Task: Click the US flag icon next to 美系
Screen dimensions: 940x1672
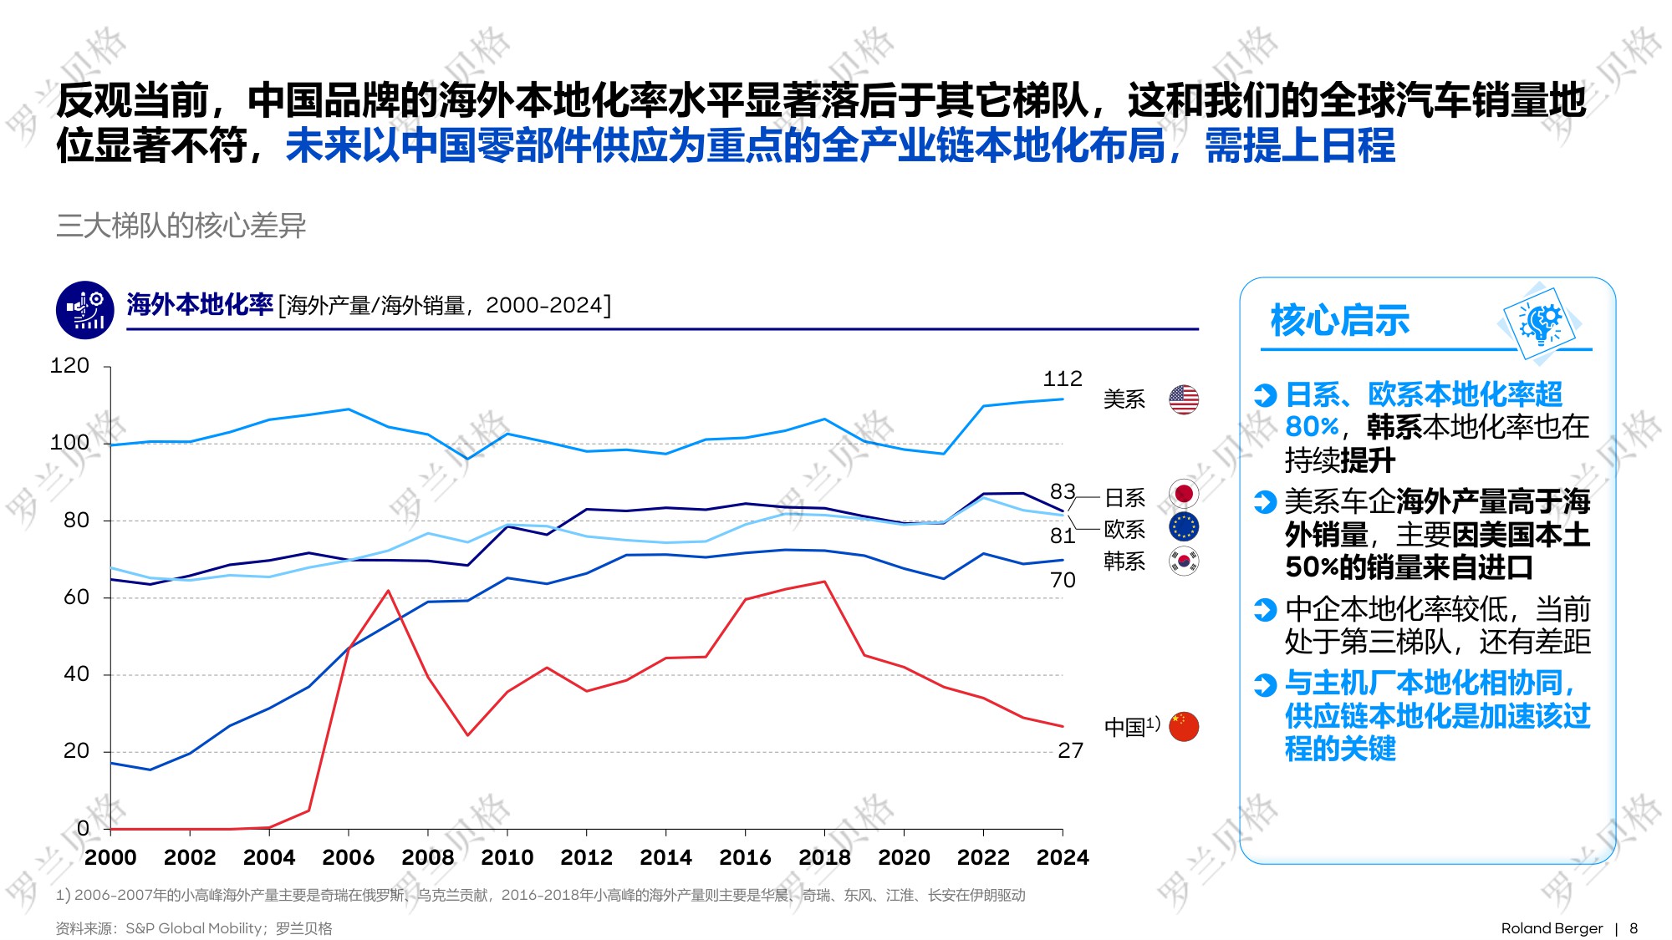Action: click(1183, 399)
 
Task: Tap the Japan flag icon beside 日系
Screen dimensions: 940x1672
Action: click(1183, 494)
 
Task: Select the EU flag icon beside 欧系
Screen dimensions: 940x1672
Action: click(1183, 526)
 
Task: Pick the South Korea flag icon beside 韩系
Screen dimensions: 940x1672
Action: click(1183, 561)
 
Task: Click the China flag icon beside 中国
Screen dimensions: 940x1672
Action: click(1183, 726)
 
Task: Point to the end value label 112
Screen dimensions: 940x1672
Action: click(1062, 379)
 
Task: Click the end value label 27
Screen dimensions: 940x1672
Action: click(1070, 750)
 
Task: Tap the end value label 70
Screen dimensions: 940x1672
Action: click(1063, 580)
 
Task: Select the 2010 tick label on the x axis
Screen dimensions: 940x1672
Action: click(507, 857)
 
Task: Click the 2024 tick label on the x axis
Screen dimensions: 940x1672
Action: click(1062, 857)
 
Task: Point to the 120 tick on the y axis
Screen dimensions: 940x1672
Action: click(69, 366)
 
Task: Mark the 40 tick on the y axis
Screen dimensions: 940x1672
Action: click(76, 674)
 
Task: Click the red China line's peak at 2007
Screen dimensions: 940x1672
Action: click(388, 591)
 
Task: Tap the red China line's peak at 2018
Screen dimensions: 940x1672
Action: click(824, 582)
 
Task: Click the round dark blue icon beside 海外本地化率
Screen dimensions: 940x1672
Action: click(85, 310)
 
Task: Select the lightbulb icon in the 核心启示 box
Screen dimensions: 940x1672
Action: click(1541, 323)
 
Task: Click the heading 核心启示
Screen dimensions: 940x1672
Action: click(1339, 321)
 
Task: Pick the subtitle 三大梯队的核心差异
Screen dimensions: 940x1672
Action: click(181, 226)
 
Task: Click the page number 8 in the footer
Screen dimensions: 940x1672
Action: click(1633, 928)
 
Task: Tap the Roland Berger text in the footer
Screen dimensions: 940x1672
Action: click(1552, 928)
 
